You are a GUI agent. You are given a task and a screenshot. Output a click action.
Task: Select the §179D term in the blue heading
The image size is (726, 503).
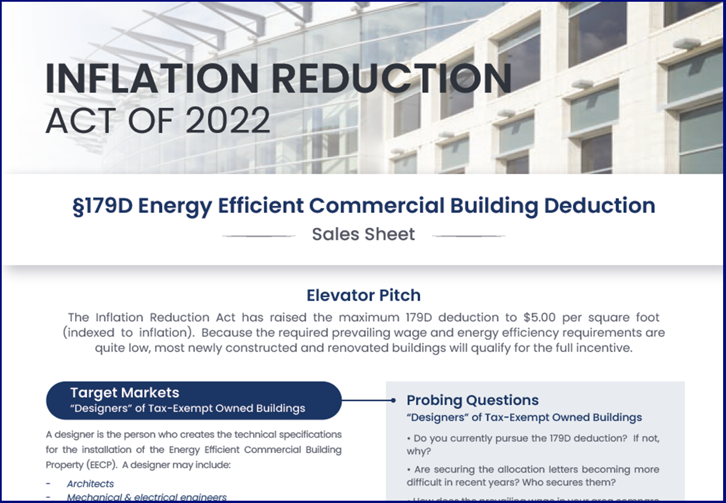click(102, 206)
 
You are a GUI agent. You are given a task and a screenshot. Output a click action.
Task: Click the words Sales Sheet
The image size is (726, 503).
click(363, 234)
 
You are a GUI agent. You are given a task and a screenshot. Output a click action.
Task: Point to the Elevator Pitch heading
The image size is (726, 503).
click(363, 295)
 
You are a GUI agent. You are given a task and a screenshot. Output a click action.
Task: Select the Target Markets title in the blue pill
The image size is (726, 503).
click(124, 393)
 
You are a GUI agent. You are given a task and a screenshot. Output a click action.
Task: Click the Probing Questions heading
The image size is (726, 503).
click(472, 400)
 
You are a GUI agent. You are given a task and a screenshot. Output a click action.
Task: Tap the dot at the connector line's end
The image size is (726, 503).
click(393, 400)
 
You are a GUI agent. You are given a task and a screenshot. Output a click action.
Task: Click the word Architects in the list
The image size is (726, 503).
click(90, 483)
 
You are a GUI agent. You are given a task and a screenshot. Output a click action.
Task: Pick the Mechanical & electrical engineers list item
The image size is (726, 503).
click(147, 497)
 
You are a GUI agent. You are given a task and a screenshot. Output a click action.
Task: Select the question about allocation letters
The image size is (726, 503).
click(532, 475)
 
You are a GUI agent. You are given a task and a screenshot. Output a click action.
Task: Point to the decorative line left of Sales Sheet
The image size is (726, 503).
click(259, 236)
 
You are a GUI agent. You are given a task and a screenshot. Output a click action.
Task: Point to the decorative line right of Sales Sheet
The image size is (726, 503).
click(468, 236)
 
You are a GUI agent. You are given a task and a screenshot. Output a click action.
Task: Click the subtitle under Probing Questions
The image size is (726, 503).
click(524, 417)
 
